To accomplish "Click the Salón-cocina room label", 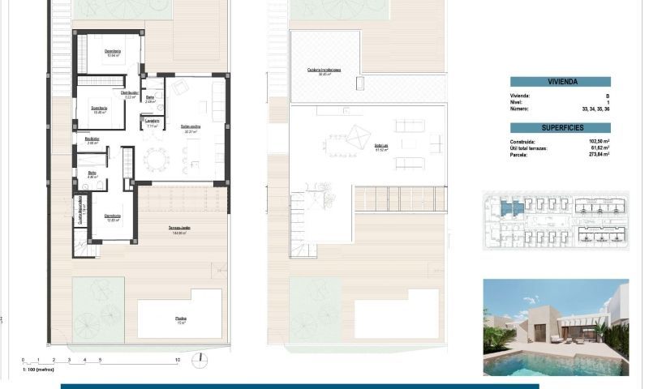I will coord(191,126).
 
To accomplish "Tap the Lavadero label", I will coord(152,122).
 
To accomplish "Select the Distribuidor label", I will coord(129,93).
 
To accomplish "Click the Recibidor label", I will coord(92,139).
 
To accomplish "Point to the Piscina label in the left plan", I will coord(180,318).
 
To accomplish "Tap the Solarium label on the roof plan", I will coord(381,147).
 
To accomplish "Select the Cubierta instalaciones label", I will coord(324,71).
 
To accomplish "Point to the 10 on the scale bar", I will coord(177,359).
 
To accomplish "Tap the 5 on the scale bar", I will coord(100,359).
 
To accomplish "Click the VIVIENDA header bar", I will coord(560,82).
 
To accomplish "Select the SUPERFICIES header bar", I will coord(560,128).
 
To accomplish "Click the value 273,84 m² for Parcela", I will coord(596,155).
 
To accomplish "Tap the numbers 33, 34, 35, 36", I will coord(595,109).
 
